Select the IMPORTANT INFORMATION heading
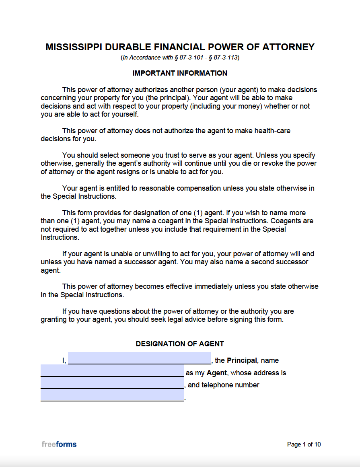pyautogui.click(x=180, y=73)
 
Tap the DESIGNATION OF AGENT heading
pyautogui.click(x=180, y=344)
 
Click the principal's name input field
pyautogui.click(x=139, y=358)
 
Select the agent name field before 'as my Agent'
pyautogui.click(x=112, y=370)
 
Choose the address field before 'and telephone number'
pyautogui.click(x=112, y=383)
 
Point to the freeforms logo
pyautogui.click(x=59, y=444)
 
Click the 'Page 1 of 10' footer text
pyautogui.click(x=304, y=444)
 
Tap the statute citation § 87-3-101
pyautogui.click(x=189, y=58)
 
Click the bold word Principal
pyautogui.click(x=241, y=360)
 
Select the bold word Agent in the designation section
pyautogui.click(x=217, y=373)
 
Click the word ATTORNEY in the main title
pyautogui.click(x=288, y=47)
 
